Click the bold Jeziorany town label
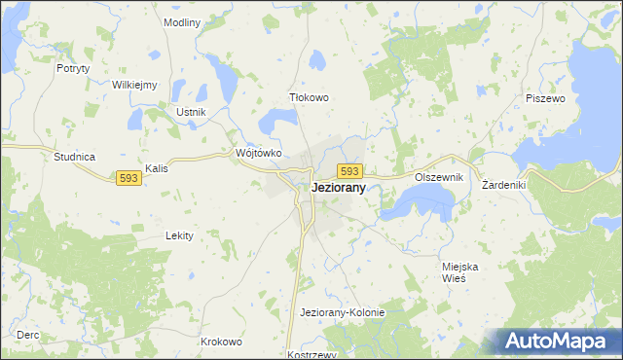pos(339,190)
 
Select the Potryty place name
pos(73,68)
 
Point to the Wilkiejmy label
pos(134,85)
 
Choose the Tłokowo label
pos(311,98)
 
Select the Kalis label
pos(157,168)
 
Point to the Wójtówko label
pos(259,153)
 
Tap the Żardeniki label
pos(504,184)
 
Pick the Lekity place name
pos(179,235)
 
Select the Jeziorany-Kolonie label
pos(343,312)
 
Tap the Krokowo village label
pos(221,342)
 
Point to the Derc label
pos(27,335)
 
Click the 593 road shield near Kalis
pos(128,178)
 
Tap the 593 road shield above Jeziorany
pos(351,171)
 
